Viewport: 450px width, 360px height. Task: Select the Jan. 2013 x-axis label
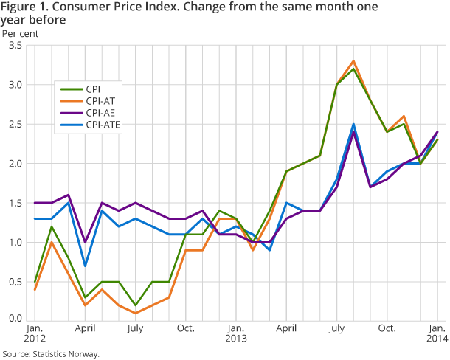[x=235, y=333]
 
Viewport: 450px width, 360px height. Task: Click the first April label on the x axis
[x=85, y=328]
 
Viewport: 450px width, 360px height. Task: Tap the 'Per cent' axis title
[x=20, y=33]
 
